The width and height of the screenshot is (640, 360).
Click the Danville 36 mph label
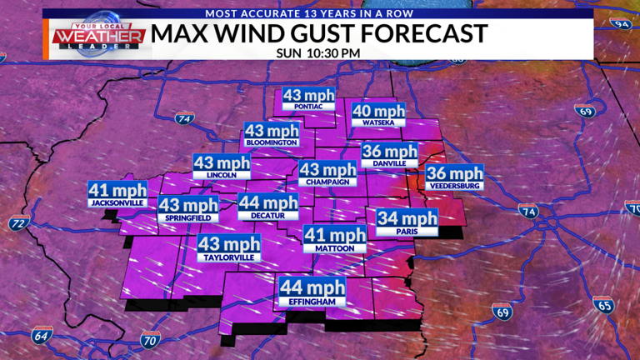click(x=389, y=155)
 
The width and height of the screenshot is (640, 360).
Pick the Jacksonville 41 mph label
click(x=117, y=194)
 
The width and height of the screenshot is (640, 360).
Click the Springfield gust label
click(x=188, y=209)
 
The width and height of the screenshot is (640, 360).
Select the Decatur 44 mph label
click(x=267, y=207)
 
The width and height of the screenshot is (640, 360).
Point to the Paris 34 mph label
click(x=407, y=222)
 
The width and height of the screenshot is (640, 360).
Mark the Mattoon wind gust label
click(x=334, y=239)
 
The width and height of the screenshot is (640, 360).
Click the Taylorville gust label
click(x=228, y=248)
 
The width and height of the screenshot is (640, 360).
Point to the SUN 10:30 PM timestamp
click(x=320, y=52)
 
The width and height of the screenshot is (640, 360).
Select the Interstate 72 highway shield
click(x=18, y=223)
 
